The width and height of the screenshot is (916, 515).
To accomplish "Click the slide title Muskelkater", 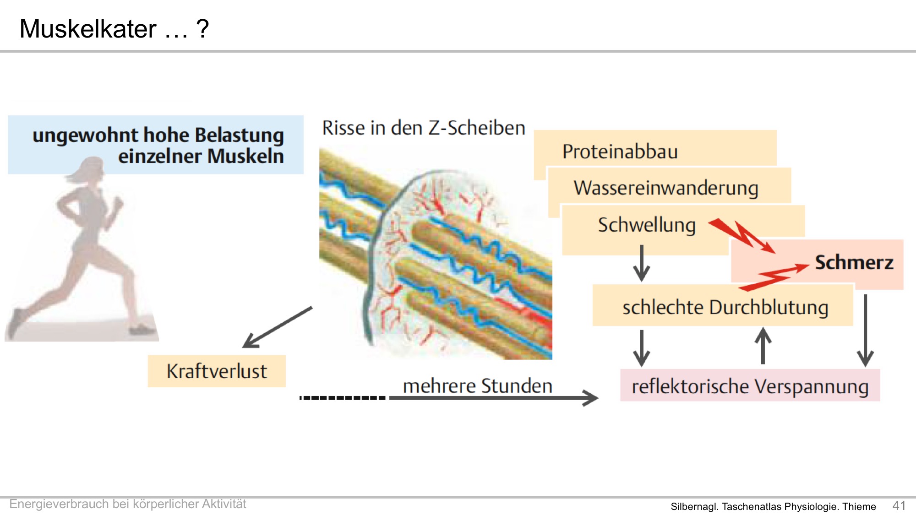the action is pyautogui.click(x=88, y=29).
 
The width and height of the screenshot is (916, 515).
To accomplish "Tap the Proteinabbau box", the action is pyautogui.click(x=655, y=148).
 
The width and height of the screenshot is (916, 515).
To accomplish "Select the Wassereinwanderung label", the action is pyautogui.click(x=666, y=188).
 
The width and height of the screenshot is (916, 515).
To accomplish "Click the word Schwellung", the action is pyautogui.click(x=647, y=225).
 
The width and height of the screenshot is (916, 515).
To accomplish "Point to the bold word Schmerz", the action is pyautogui.click(x=854, y=262).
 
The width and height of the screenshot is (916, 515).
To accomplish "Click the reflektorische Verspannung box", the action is pyautogui.click(x=750, y=385).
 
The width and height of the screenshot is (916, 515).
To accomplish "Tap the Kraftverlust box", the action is pyautogui.click(x=217, y=371).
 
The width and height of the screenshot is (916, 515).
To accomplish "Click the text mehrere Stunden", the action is pyautogui.click(x=478, y=385).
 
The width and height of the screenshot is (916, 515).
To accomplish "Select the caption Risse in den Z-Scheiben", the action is pyautogui.click(x=424, y=128).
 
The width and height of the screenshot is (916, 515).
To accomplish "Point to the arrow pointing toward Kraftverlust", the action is pyautogui.click(x=278, y=327).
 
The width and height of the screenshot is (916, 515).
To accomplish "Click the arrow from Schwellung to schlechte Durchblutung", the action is pyautogui.click(x=642, y=263).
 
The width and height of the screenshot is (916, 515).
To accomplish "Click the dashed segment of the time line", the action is pyautogui.click(x=343, y=398).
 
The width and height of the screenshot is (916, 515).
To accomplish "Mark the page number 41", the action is pyautogui.click(x=899, y=505).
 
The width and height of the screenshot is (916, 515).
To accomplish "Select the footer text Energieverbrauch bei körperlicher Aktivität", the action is pyautogui.click(x=128, y=504).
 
